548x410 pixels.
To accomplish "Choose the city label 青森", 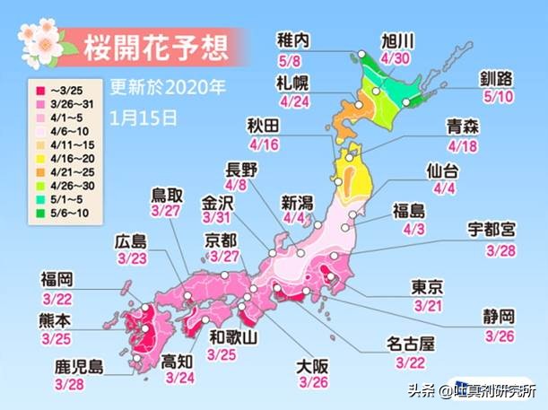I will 465,125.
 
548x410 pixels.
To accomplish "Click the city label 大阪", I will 314,366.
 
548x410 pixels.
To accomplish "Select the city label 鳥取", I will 170,195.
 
